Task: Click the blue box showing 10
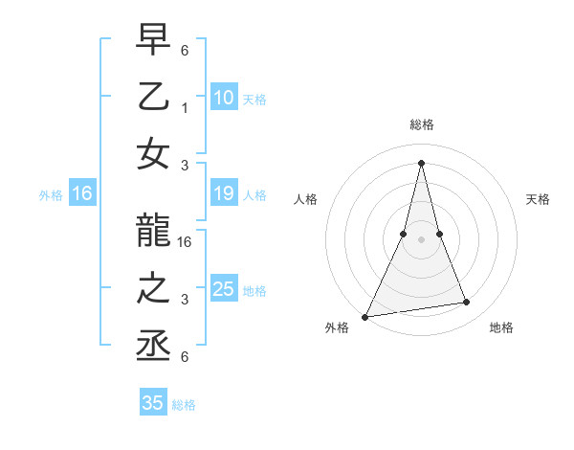[223, 97]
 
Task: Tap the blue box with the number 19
[223, 194]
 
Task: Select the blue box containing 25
[223, 289]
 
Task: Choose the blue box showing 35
[153, 403]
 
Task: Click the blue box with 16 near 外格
[82, 194]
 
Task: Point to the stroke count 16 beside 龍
[186, 242]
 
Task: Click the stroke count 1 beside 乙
[184, 108]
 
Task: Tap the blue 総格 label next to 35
[184, 404]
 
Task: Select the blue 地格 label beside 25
[254, 290]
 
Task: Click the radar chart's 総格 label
[421, 124]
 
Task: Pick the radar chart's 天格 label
[539, 199]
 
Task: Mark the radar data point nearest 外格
[364, 317]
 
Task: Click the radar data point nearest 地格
[467, 303]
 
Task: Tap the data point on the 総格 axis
[421, 162]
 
